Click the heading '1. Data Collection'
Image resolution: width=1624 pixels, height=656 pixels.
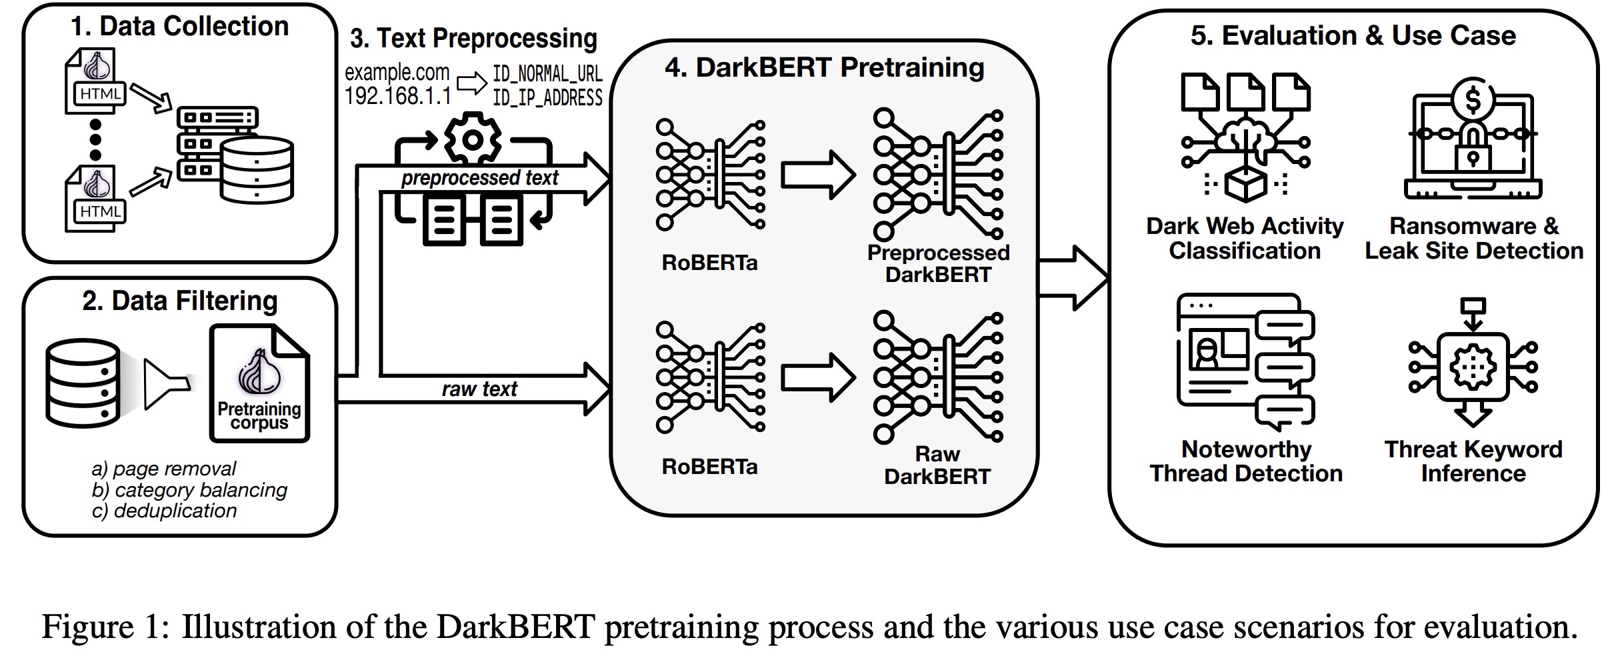click(x=179, y=27)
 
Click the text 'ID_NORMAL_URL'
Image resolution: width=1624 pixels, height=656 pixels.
click(x=547, y=73)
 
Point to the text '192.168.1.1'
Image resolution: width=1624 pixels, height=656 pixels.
click(x=398, y=96)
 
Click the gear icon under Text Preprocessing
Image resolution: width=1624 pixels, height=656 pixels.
click(x=473, y=139)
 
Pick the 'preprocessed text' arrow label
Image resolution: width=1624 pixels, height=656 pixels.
click(x=479, y=178)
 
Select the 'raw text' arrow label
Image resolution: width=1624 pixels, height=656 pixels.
click(x=479, y=389)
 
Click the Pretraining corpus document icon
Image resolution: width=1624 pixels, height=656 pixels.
click(x=259, y=384)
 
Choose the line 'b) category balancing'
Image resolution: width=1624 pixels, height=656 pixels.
click(x=189, y=490)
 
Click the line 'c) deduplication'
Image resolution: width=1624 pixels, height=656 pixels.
click(x=164, y=511)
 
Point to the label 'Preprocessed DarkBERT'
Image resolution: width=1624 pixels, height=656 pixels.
click(x=938, y=263)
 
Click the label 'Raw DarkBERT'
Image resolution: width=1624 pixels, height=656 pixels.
click(x=937, y=465)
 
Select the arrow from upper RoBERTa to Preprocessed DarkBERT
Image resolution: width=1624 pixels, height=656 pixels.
click(x=818, y=175)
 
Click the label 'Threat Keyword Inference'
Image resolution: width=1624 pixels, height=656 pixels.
click(x=1473, y=461)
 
